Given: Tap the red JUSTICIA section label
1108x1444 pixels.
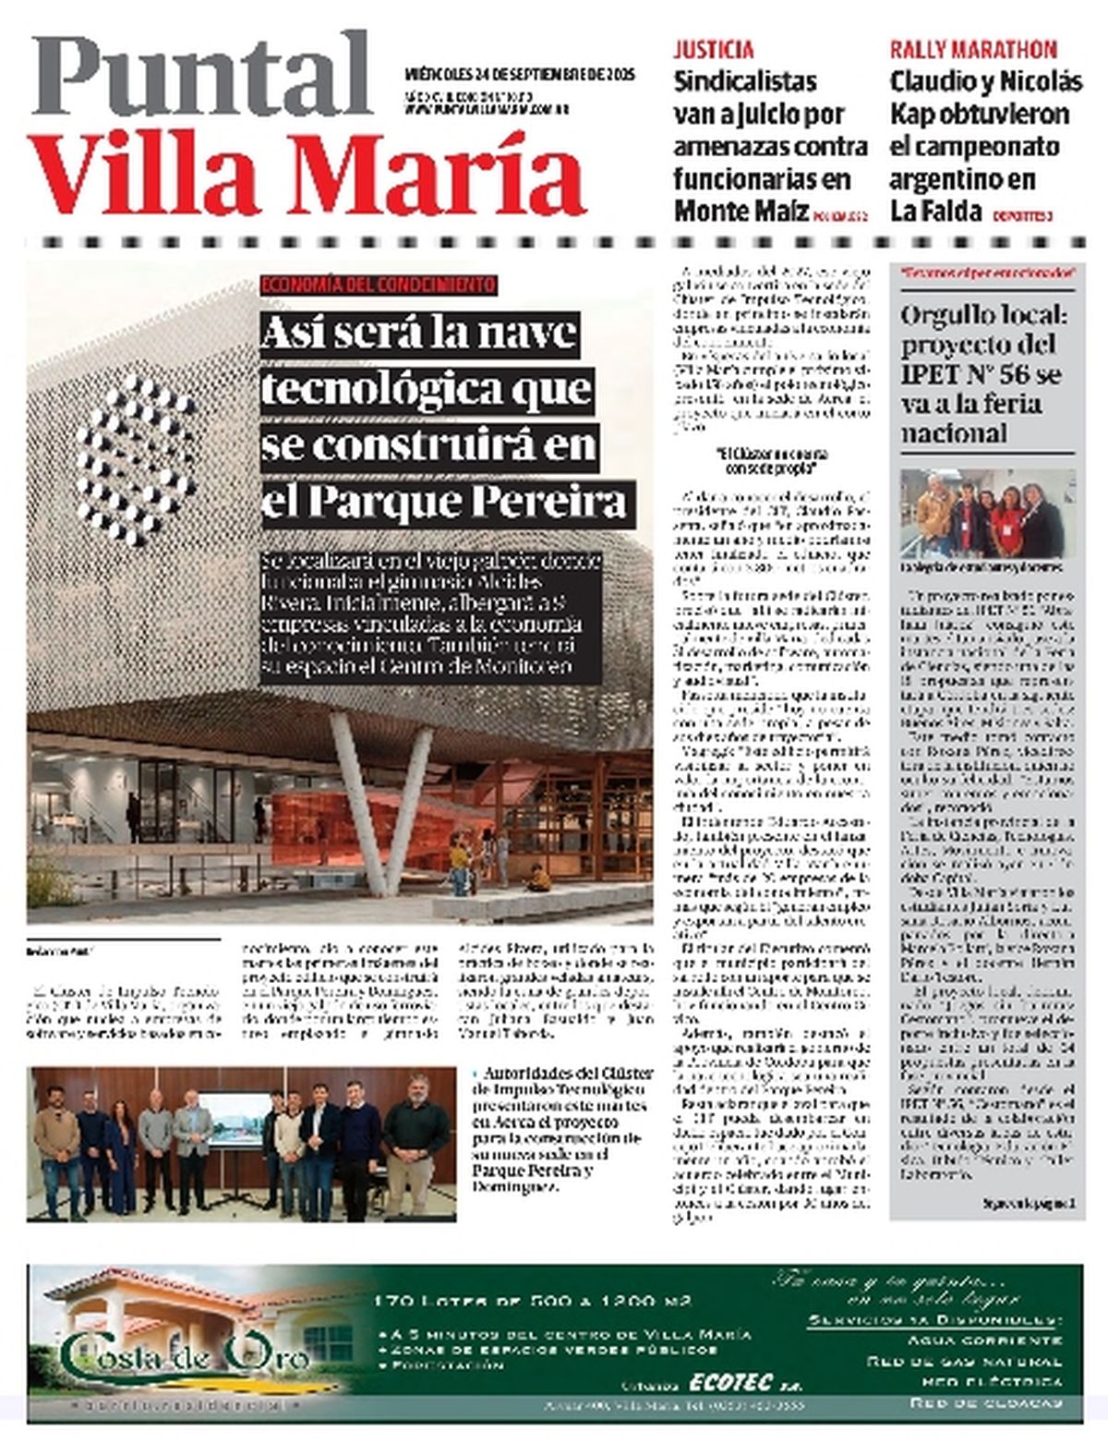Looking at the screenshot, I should tap(713, 50).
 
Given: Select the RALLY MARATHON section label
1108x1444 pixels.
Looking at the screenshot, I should tap(973, 50).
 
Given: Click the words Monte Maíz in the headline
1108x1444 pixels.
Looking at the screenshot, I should tap(740, 211).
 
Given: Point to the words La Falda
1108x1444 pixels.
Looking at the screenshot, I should tap(935, 211).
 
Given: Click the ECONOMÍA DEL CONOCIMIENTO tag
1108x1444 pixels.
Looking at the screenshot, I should tap(379, 285).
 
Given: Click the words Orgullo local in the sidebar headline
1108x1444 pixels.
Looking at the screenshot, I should tap(983, 316).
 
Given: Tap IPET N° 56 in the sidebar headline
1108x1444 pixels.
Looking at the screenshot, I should tap(981, 375).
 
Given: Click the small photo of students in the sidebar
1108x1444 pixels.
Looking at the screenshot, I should tap(987, 513).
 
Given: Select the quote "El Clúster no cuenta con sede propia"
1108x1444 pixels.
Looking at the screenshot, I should tap(772, 461).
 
